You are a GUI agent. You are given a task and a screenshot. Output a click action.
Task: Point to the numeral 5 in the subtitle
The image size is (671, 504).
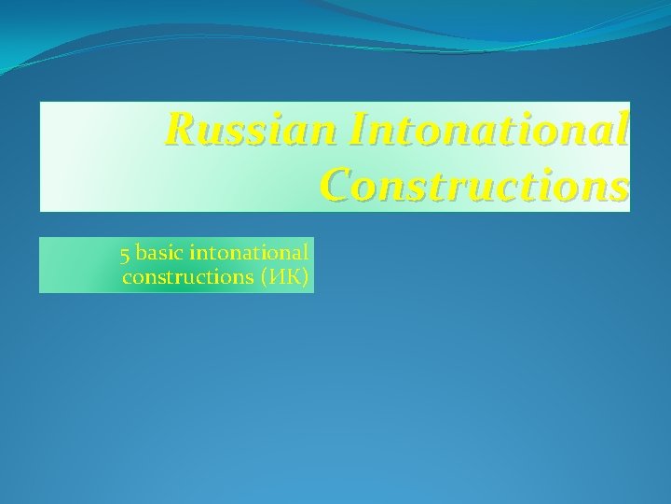tap(125, 254)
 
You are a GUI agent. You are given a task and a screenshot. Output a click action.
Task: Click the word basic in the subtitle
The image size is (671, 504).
tap(160, 253)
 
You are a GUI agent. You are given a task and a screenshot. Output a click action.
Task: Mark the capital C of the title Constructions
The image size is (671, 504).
tap(337, 185)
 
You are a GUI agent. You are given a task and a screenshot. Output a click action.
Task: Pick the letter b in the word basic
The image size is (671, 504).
tap(141, 253)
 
